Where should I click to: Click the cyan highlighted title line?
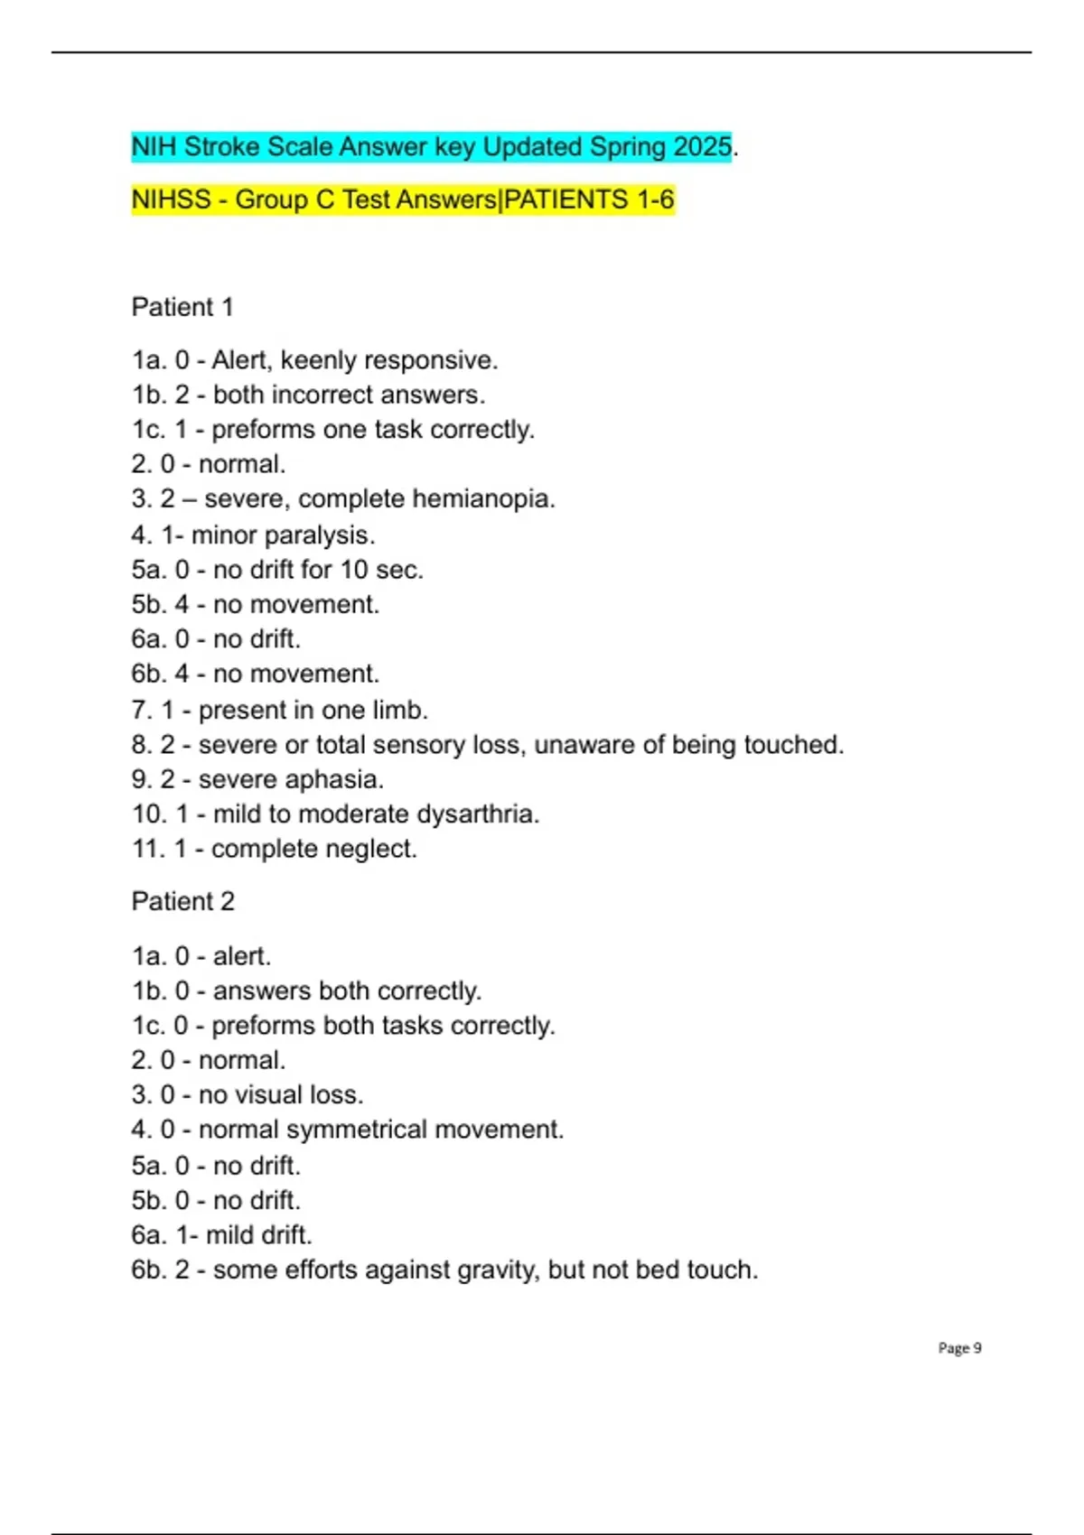[x=431, y=146]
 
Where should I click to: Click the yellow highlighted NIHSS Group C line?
[x=403, y=200]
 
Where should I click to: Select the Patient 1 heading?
[x=182, y=307]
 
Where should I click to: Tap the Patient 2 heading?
[x=182, y=901]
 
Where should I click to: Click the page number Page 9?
[x=959, y=1348]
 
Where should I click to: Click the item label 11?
[x=148, y=849]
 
